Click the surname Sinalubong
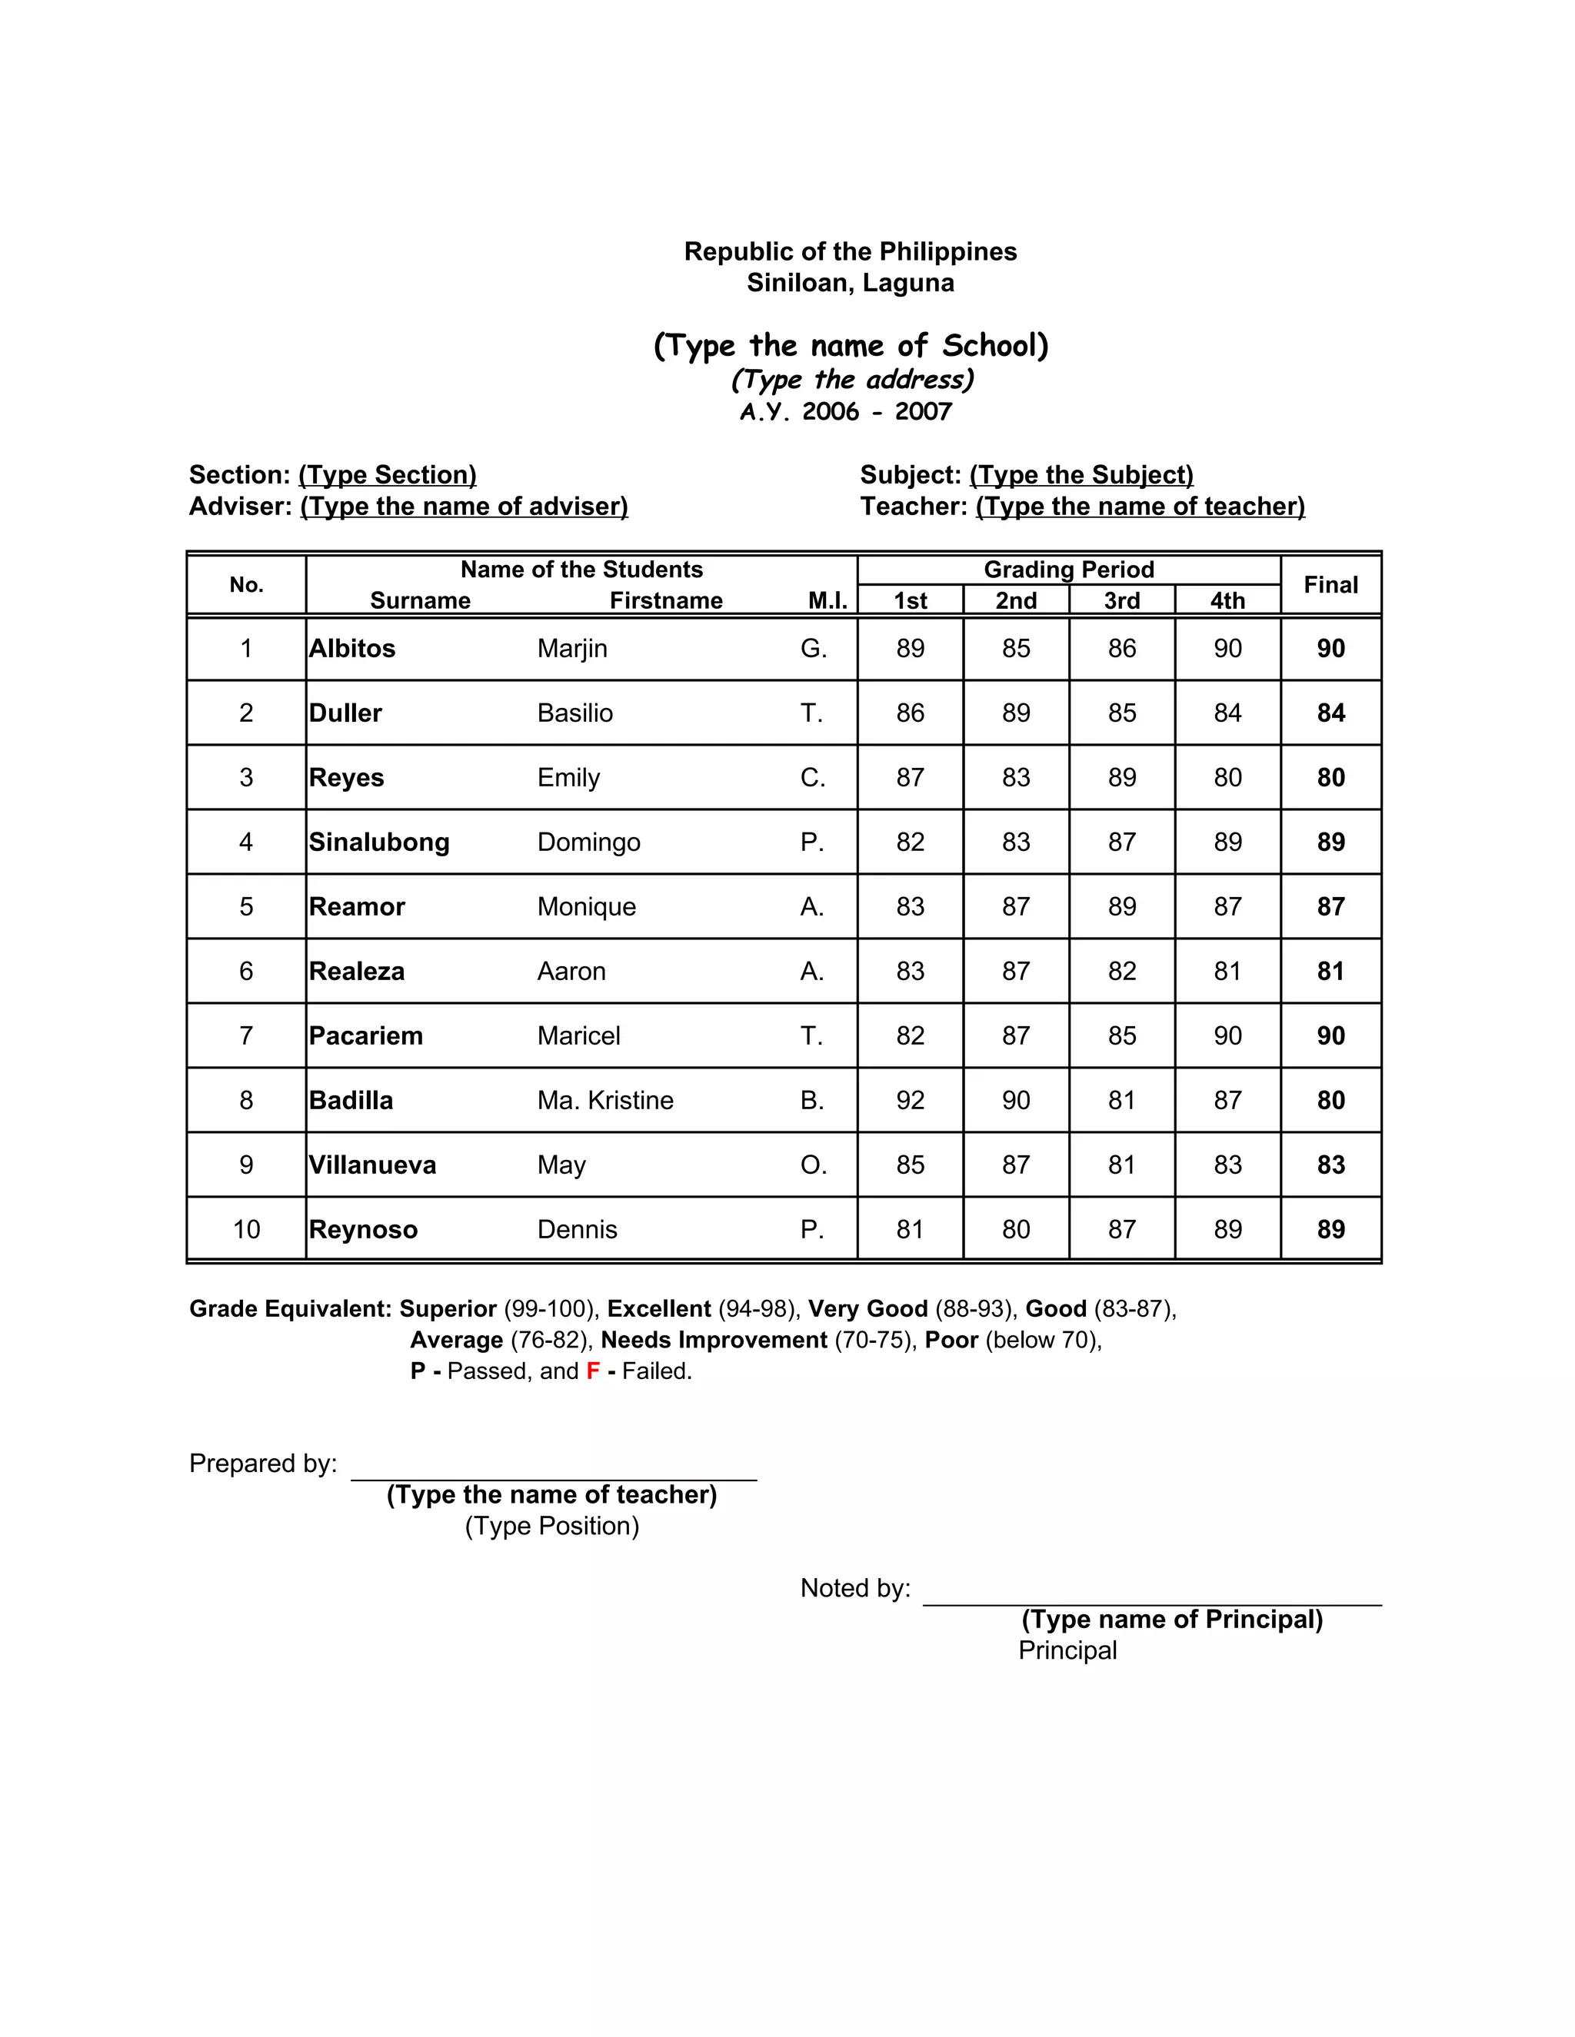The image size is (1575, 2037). [x=379, y=842]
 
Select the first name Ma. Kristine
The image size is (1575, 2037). [x=604, y=1101]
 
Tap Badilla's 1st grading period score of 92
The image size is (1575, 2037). [x=910, y=1101]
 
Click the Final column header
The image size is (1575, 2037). [x=1330, y=585]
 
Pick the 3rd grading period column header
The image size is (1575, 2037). [x=1121, y=600]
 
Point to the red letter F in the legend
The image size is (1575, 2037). [x=592, y=1371]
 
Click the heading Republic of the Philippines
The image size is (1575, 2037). [x=850, y=252]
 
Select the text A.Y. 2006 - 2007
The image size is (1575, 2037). [x=845, y=411]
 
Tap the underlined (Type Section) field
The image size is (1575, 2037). [x=388, y=475]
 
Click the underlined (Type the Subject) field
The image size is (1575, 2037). [x=1081, y=475]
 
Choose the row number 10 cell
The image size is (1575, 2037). [x=246, y=1229]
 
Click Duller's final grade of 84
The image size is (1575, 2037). [x=1330, y=713]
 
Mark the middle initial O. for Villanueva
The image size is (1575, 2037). [x=813, y=1165]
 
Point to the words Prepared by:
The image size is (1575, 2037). [x=263, y=1464]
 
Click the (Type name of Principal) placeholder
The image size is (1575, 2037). [x=1172, y=1619]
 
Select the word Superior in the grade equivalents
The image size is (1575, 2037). [x=448, y=1308]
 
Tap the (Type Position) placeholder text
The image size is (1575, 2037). [x=551, y=1526]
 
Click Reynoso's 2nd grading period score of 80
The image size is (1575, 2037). [x=1015, y=1229]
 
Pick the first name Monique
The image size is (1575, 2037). [x=586, y=906]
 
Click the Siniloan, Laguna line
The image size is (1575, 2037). [x=850, y=283]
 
